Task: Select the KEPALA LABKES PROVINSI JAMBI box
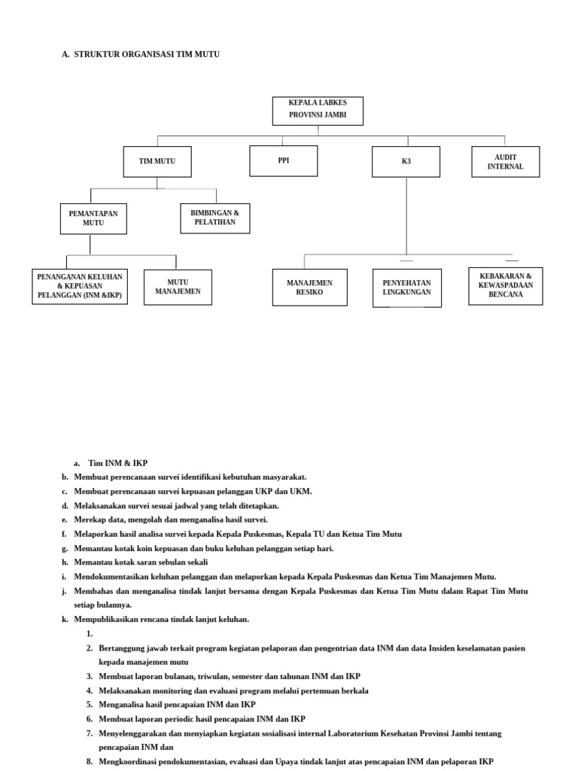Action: click(318, 110)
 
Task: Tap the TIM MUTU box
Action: click(157, 162)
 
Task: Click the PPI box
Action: click(283, 160)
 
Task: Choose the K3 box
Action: click(406, 162)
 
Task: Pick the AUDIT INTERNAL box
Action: click(505, 162)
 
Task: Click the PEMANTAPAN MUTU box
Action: click(93, 218)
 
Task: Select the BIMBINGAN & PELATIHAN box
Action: click(215, 218)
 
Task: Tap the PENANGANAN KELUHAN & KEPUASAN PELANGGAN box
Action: click(79, 286)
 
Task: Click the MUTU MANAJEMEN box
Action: click(178, 287)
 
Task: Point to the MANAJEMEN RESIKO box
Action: click(309, 287)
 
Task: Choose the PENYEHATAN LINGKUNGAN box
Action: click(406, 287)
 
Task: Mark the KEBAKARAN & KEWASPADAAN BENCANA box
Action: click(505, 286)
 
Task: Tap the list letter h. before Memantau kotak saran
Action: click(65, 562)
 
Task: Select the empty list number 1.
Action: click(90, 633)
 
